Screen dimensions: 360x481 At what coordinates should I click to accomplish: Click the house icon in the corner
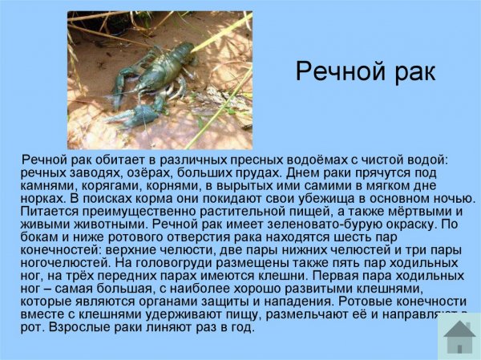pyautogui.click(x=459, y=336)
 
